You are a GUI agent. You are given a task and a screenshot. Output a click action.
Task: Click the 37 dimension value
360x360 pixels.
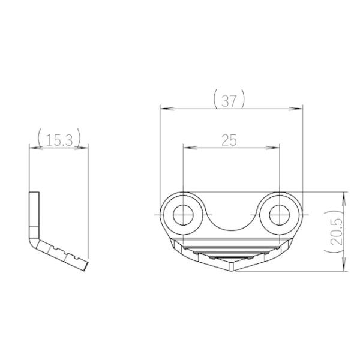point(229,101)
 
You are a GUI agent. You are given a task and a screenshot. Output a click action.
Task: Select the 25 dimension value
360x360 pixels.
point(229,140)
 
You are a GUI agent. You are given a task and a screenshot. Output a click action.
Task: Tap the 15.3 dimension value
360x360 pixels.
point(59,140)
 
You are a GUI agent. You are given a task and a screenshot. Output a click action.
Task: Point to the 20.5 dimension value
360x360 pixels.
point(337,231)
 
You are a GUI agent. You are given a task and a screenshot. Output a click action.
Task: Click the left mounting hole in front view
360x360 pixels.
point(183,215)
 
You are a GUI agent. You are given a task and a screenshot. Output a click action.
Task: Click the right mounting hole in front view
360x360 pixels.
point(280,215)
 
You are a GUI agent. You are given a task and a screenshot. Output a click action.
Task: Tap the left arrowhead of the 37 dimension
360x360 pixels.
point(167,109)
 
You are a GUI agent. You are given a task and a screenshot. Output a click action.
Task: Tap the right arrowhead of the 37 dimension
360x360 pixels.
point(296,109)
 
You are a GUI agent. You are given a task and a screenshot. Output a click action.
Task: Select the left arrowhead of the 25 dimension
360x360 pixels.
point(190,148)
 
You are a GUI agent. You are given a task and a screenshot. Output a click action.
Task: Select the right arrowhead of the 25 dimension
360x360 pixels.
point(272,148)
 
